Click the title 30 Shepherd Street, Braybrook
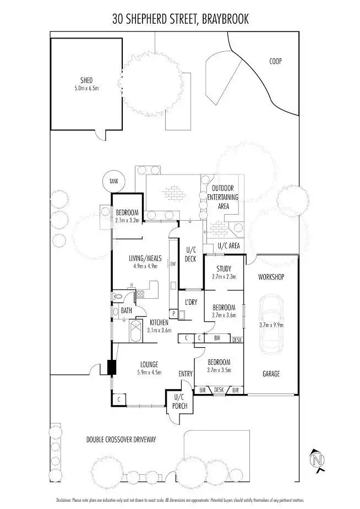(181, 19)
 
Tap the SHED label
(86, 79)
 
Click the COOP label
(275, 61)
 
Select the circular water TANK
(114, 181)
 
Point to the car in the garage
(271, 324)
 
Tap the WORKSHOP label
(271, 277)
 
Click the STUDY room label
(223, 269)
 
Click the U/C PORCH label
(180, 401)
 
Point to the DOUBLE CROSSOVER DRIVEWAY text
(122, 439)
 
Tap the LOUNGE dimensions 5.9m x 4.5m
(149, 372)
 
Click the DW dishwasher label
(172, 264)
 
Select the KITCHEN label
(159, 323)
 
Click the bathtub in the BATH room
(133, 332)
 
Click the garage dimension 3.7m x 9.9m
(271, 325)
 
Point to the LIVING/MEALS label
(145, 258)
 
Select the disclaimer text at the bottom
(180, 500)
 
